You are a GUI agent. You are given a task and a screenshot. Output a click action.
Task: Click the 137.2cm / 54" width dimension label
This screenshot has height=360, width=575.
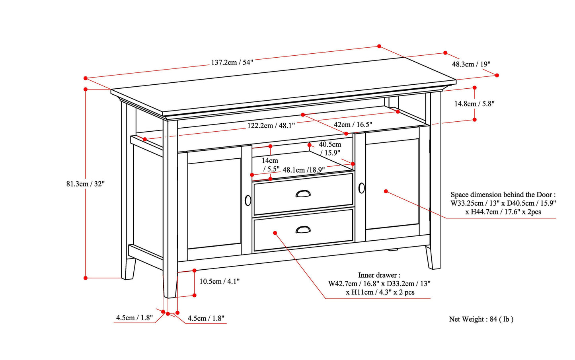[232, 62]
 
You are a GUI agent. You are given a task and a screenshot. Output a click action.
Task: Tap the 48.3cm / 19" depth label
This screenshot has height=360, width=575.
[471, 64]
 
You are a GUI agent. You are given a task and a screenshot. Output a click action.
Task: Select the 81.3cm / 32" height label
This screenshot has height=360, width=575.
[85, 184]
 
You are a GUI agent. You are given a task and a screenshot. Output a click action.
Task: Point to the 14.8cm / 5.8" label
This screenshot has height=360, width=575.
[474, 104]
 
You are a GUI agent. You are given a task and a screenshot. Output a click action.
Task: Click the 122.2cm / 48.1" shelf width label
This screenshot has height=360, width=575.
[271, 126]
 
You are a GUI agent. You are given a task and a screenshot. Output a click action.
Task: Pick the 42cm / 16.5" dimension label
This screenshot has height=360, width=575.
[353, 125]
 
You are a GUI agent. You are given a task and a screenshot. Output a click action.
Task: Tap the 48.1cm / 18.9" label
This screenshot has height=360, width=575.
[304, 170]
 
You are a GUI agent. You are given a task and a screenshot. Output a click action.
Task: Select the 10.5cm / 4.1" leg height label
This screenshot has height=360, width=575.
[219, 281]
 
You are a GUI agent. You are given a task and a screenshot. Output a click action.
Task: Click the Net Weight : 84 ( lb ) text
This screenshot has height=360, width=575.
[481, 319]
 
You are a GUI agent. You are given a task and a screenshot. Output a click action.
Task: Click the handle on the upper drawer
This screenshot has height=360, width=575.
[303, 194]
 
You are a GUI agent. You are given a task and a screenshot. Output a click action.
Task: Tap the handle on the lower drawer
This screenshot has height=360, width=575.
[303, 230]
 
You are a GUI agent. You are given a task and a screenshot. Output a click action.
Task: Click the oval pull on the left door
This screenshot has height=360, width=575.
[248, 200]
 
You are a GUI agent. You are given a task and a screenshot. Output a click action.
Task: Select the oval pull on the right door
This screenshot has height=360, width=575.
[361, 188]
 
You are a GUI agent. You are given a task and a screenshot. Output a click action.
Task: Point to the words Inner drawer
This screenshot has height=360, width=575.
[379, 275]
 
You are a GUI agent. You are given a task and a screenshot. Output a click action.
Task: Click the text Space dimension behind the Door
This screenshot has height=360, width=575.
[503, 195]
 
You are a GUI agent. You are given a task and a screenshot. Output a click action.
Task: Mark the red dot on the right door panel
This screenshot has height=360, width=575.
[386, 191]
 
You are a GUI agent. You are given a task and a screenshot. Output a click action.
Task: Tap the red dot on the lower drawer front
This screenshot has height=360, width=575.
[275, 233]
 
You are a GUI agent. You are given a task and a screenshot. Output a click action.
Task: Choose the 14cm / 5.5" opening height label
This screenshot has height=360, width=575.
[270, 164]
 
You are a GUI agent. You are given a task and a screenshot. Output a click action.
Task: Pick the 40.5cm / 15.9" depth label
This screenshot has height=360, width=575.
[330, 148]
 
